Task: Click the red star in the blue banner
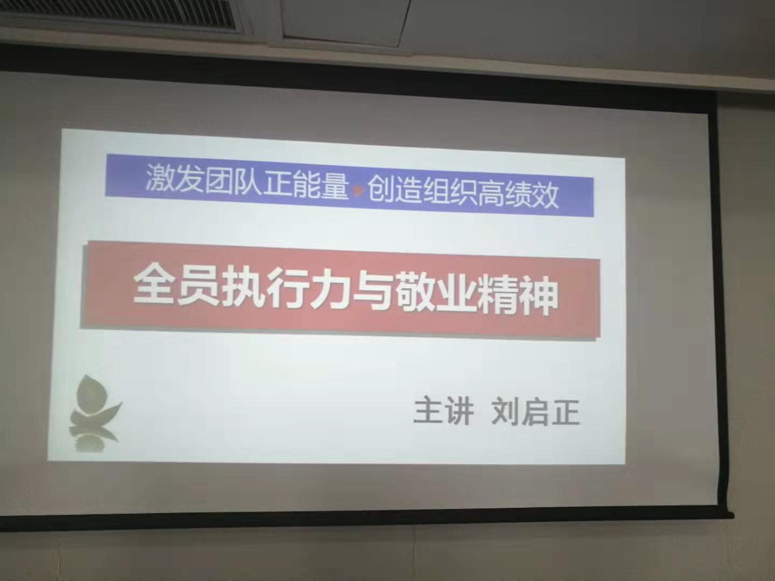(359, 191)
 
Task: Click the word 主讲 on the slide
(444, 411)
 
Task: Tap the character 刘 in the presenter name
(506, 412)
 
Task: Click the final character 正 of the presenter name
(566, 413)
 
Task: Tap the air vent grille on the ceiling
(120, 14)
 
